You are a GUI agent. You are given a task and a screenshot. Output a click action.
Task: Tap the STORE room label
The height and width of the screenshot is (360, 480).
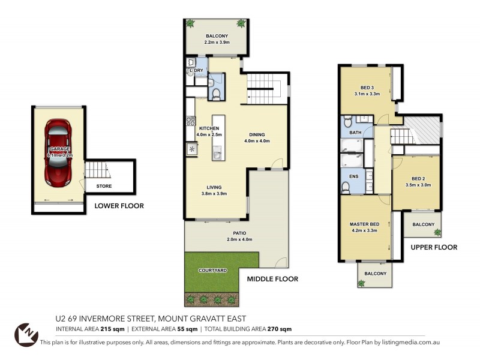[104, 187]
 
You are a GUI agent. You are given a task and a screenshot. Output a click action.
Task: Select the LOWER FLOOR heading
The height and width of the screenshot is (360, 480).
[119, 206]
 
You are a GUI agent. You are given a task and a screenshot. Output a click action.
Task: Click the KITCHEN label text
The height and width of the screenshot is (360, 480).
[209, 128]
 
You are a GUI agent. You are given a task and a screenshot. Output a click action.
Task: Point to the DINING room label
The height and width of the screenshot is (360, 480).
[257, 134]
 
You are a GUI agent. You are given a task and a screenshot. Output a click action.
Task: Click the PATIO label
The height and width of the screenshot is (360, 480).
[241, 233]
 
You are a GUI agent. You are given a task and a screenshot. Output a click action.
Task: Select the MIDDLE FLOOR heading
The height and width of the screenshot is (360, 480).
[272, 279]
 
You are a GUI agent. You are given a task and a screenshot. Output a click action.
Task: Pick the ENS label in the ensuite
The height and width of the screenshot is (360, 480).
[353, 176]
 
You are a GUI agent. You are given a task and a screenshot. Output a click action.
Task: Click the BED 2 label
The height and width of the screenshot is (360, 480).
[418, 178]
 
